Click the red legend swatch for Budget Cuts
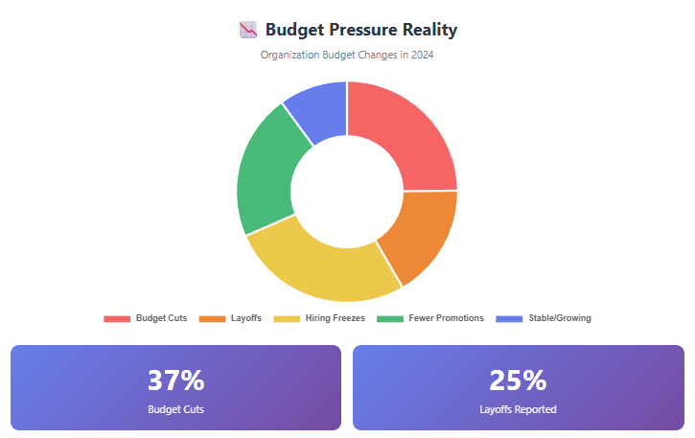(116, 318)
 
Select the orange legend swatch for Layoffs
(211, 318)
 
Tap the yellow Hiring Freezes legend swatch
(286, 318)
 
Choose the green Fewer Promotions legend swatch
(389, 318)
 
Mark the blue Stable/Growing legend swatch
(509, 318)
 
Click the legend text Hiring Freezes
(335, 318)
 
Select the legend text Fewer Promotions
(446, 318)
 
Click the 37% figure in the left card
(175, 380)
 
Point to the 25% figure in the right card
(518, 380)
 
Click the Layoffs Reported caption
(518, 409)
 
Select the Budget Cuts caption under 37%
(175, 409)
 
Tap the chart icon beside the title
(247, 30)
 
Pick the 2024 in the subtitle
(421, 55)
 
